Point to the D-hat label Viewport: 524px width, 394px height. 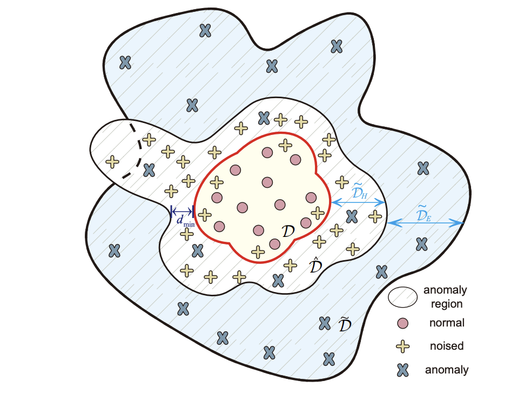314,265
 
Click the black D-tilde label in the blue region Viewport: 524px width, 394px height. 345,325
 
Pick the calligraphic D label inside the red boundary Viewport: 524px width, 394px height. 289,231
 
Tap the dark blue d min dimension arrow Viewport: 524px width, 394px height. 182,211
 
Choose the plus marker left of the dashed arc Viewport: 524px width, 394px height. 112,161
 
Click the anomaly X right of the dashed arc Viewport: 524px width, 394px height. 149,171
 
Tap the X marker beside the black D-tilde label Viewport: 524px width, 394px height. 324,323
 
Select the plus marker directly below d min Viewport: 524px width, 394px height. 186,234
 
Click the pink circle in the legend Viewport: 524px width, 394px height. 402,323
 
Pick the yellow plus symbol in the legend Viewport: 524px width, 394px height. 402,346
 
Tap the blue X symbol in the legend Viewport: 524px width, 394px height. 402,370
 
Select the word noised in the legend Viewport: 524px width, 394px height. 446,346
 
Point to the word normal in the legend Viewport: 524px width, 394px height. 447,323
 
